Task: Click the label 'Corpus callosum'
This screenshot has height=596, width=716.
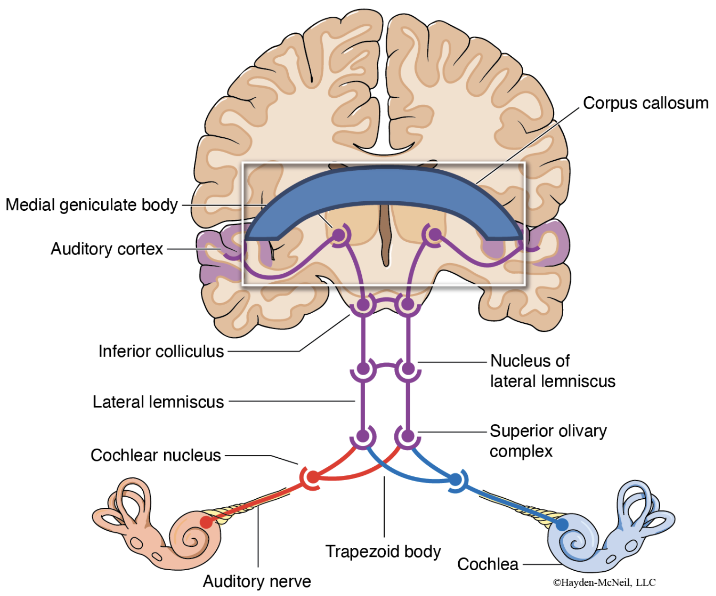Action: click(645, 103)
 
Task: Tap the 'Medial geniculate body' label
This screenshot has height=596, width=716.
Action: click(92, 205)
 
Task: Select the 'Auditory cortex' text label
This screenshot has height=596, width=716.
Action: click(107, 249)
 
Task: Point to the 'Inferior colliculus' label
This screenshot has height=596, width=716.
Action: click(161, 351)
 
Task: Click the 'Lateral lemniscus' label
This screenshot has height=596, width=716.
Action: click(158, 402)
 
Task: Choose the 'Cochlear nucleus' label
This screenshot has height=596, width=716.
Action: click(156, 455)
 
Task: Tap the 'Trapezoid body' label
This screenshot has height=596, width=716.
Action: click(383, 551)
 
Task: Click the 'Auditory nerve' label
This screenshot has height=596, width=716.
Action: click(257, 581)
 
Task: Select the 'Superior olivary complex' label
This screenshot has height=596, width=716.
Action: click(548, 441)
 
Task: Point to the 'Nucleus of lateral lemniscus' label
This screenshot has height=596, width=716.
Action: click(552, 371)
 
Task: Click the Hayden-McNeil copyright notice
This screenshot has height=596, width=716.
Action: click(604, 582)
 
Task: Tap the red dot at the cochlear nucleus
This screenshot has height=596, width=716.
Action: click(313, 477)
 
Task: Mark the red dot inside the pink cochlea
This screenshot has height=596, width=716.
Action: click(206, 522)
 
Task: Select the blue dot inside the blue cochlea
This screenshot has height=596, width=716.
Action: click(562, 524)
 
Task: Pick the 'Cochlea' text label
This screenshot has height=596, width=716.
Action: click(487, 564)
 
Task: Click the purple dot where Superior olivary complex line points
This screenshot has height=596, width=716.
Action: click(408, 435)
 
